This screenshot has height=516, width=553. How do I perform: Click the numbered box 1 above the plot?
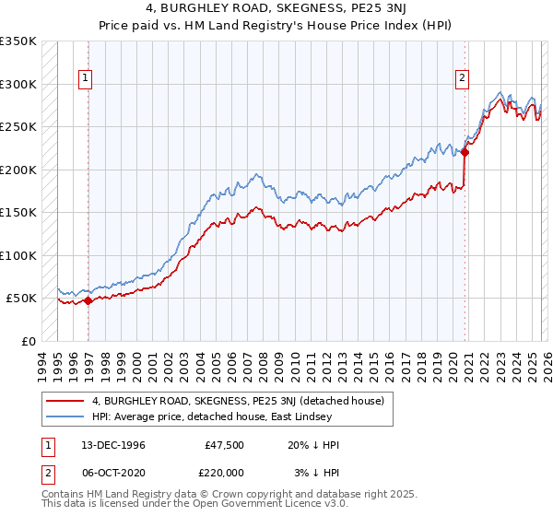pos(84,79)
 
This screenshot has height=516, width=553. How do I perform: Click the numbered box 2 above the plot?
pos(461,79)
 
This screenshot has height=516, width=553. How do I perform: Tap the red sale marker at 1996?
pos(88,299)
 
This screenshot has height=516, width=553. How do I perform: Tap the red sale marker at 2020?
pos(465,153)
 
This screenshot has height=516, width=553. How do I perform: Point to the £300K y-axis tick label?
pos(18,84)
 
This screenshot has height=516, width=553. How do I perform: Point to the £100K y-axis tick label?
pos(18,255)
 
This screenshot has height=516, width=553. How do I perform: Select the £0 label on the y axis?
pos(28,341)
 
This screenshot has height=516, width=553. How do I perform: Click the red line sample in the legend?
pos(66,401)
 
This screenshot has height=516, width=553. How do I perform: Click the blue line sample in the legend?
pos(66,417)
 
